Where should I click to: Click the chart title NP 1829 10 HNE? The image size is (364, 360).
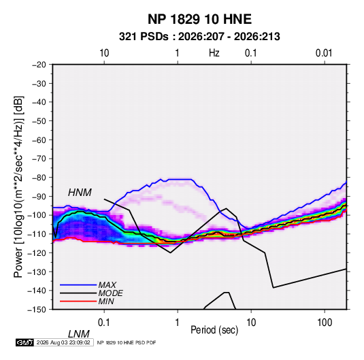point(199,19)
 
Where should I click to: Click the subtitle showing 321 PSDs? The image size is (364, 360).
point(199,37)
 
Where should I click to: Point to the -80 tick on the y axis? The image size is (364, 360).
point(39,178)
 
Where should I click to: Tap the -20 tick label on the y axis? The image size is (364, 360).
point(39,65)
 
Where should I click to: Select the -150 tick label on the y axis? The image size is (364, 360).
point(37,310)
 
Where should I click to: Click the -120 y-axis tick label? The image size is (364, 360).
point(37,253)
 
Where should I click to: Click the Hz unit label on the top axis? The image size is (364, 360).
point(214,53)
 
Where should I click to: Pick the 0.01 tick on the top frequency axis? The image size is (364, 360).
point(324,53)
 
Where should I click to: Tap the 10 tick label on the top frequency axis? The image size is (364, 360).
point(104,53)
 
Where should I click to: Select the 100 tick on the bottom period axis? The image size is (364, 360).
point(325,323)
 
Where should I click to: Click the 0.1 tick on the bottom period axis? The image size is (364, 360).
point(104,323)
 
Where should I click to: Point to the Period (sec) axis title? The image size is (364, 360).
point(214,330)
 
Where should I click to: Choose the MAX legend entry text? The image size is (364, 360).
point(107,285)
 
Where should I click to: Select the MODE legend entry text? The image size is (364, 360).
point(110,293)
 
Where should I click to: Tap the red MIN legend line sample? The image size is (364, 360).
point(78,301)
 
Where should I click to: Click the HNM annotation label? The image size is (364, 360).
point(80,193)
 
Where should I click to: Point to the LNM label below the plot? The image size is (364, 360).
point(78,334)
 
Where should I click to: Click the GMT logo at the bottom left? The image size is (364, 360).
point(25,342)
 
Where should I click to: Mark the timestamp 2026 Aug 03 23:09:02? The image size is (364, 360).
point(63,342)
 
